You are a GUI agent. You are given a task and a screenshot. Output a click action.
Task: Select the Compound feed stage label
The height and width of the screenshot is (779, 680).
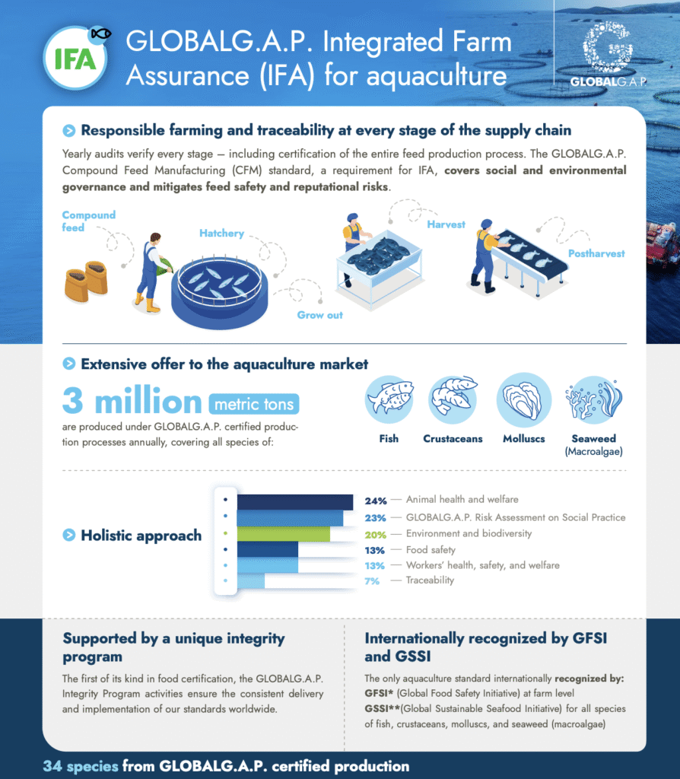tap(88, 221)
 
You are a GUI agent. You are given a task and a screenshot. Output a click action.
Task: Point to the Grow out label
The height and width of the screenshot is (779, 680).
tap(319, 315)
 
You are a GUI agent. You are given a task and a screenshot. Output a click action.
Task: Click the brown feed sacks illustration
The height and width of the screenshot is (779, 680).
tap(85, 280)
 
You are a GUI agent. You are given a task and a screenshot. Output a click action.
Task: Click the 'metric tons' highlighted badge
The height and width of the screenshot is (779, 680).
tap(254, 404)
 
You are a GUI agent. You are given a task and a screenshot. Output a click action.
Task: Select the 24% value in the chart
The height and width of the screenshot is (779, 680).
tap(376, 501)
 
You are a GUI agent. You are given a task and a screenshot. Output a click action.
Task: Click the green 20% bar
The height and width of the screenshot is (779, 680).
tap(284, 534)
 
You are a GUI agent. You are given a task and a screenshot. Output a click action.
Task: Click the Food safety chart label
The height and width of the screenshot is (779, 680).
tap(431, 549)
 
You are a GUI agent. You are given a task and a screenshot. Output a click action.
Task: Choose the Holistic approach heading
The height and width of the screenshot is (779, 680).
tap(141, 536)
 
